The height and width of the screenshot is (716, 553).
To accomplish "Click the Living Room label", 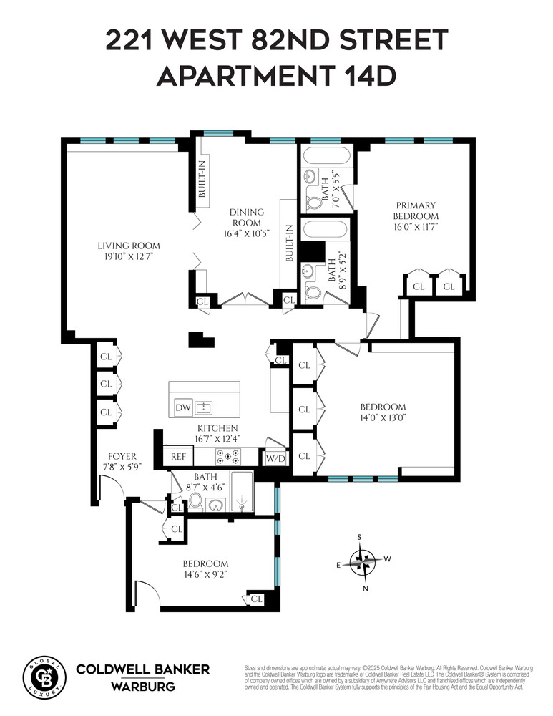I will pos(129,246).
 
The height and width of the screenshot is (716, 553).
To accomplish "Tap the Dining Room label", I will pos(247,212).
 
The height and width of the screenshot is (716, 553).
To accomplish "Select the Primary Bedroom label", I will pos(416,205).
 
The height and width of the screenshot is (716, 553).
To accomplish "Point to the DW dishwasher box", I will pos(182,407).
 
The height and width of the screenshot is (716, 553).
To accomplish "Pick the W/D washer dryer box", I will pos(275,458).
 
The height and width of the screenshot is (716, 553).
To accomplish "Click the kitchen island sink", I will pos(204,407).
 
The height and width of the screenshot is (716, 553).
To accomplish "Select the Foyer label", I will pos(122,456).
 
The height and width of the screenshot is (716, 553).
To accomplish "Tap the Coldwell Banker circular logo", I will pos(44,675).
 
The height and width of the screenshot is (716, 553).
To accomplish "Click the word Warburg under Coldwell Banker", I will pos(142,686).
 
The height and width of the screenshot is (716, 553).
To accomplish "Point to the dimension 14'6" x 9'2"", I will pos(205,574).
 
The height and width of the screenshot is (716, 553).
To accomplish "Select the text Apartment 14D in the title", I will pos(276,76).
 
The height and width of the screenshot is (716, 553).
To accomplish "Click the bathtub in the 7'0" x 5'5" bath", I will pos(325,155).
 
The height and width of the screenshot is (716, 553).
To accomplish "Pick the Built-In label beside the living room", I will pos(202,180).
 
